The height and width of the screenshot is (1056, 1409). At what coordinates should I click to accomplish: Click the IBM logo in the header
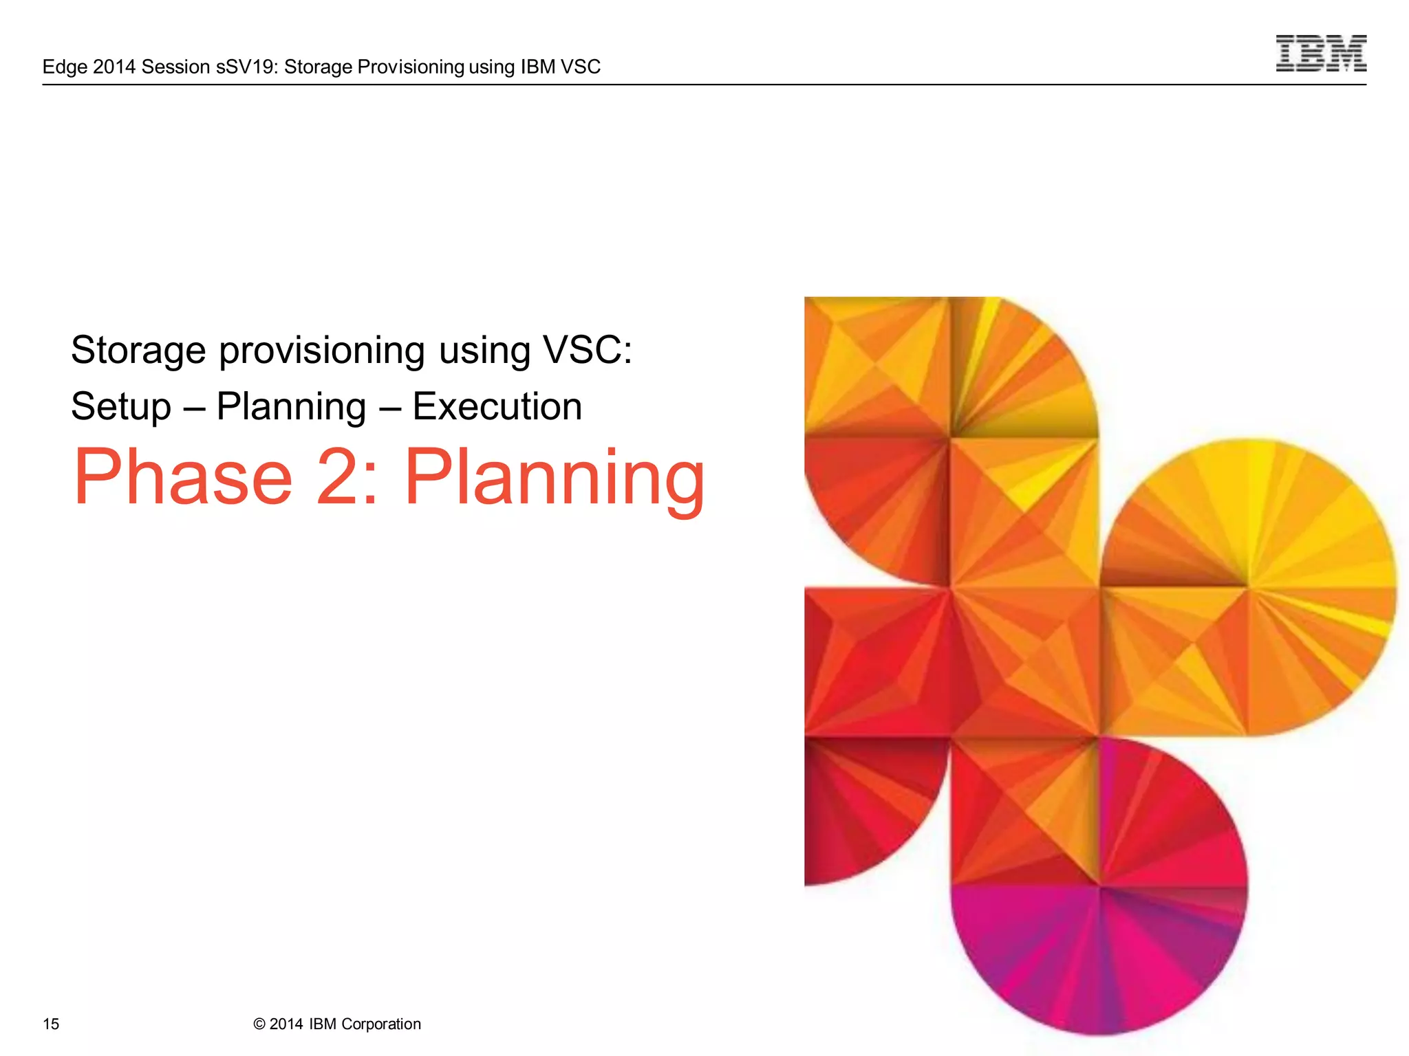pos(1320,53)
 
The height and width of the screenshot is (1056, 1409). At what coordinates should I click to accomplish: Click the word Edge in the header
pos(65,67)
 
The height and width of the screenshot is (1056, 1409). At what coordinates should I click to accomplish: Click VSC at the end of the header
pos(581,67)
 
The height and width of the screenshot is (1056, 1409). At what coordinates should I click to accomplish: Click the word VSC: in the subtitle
pos(587,350)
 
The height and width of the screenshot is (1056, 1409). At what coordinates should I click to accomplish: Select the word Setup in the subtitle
pos(121,406)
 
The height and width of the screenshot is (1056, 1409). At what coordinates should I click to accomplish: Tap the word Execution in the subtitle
pos(497,406)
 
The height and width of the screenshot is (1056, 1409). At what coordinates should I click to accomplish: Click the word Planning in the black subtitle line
pos(291,406)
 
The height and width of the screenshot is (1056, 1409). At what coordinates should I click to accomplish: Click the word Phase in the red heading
pos(183,477)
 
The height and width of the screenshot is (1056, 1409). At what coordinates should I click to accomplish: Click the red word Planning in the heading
pos(555,477)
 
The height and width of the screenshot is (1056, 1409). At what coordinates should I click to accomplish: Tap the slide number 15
pos(51,1024)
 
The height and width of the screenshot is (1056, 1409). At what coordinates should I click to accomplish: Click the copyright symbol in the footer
pos(259,1024)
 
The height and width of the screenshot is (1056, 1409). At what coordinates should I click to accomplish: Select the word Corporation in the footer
pos(380,1024)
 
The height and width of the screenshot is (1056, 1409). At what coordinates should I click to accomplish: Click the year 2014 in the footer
pos(286,1024)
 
